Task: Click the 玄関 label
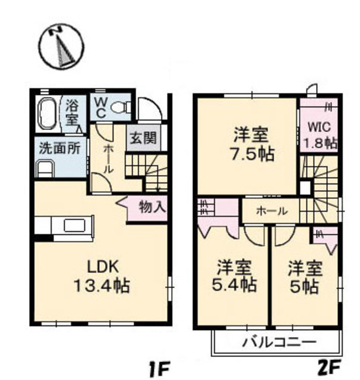(143, 139)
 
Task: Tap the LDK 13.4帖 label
(101, 276)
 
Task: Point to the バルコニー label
(279, 343)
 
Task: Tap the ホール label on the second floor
(271, 211)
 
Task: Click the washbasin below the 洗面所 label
(46, 169)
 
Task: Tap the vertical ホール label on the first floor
(108, 159)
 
